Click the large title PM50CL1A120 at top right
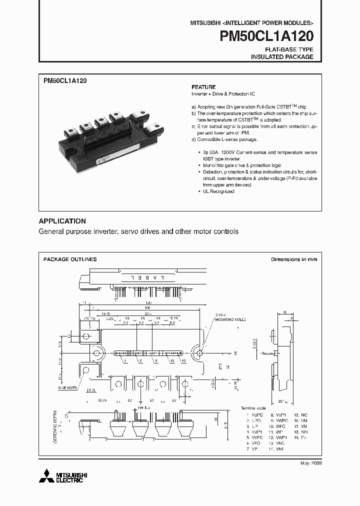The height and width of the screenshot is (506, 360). coord(266,37)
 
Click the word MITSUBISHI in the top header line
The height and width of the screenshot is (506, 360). coord(206,23)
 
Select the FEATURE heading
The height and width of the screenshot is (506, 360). coord(203,86)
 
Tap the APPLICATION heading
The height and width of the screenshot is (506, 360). coord(62,221)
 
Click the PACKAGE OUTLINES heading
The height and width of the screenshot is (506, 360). coord(70,259)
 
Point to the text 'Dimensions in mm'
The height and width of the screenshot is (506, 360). coord(294,259)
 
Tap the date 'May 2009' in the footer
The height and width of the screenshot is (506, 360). coord(310,463)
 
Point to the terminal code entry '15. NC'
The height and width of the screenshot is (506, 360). coord(300,414)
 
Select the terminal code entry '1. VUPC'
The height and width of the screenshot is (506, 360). coord(253,414)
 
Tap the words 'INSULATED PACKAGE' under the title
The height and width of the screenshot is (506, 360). coord(282,57)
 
